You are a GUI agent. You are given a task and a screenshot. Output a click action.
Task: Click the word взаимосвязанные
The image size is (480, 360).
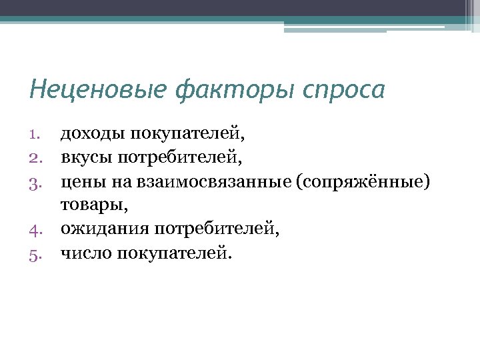coord(217,181)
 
